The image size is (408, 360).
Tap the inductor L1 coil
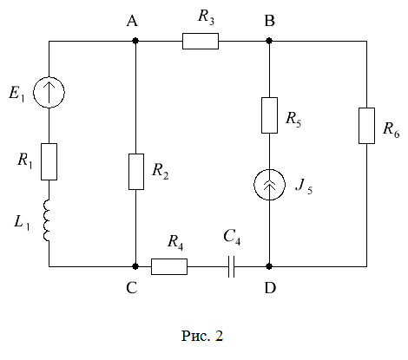tap(47, 220)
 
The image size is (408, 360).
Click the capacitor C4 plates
tap(231, 266)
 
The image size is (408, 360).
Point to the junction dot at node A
tap(135, 41)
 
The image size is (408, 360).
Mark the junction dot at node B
tap(269, 41)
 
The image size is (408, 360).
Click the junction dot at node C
tap(135, 266)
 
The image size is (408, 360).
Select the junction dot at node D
tap(269, 266)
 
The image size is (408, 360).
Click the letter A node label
tap(132, 21)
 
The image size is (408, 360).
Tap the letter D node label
tap(271, 288)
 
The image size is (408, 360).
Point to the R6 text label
tap(392, 129)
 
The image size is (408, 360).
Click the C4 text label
tap(232, 237)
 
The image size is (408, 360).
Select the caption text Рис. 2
tap(202, 336)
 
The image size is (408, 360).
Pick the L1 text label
tap(22, 223)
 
